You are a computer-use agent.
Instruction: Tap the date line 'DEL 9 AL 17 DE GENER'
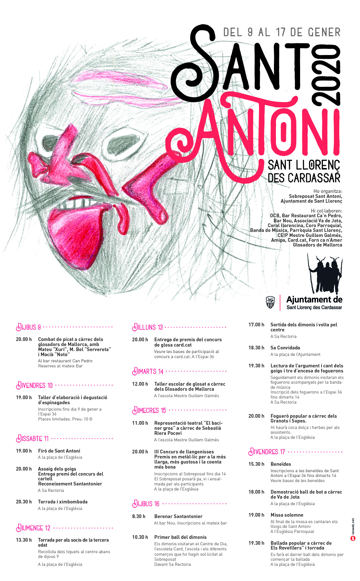tap(282, 32)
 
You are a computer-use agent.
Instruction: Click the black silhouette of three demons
tap(326, 274)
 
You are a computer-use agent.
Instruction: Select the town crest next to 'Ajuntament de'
tap(270, 302)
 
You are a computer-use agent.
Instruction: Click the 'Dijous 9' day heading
tap(29, 327)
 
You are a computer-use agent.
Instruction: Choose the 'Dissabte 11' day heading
tap(33, 438)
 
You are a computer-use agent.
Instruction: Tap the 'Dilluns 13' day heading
tap(148, 327)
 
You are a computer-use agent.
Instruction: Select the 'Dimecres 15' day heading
tap(149, 410)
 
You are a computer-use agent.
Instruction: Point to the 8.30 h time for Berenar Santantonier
tap(139, 516)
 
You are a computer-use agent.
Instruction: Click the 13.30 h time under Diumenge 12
tap(24, 540)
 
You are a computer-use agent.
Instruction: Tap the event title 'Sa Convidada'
tap(285, 348)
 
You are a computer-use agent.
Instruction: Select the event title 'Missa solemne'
tap(287, 515)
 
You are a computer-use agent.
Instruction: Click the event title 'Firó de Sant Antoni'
tap(59, 451)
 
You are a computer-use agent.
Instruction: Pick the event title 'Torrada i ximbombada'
tap(63, 502)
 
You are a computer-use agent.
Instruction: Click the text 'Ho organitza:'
tap(328, 191)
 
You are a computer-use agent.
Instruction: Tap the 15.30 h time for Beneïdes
tap(256, 464)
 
